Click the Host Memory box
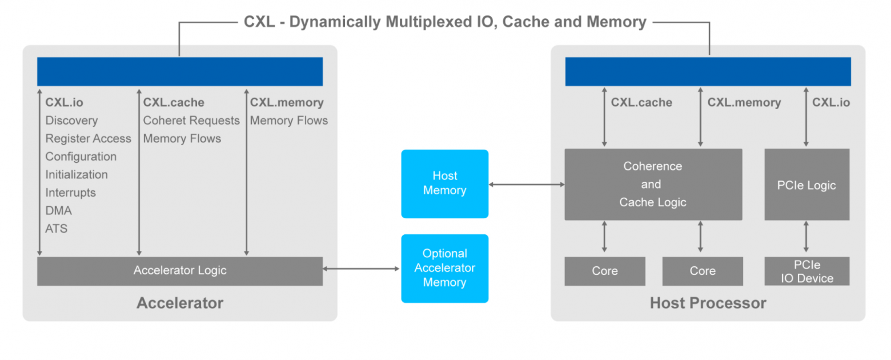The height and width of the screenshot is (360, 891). coord(444,183)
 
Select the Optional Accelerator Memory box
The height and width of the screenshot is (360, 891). coord(444,268)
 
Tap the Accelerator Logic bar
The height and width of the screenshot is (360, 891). coord(179,271)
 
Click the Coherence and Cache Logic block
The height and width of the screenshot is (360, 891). coord(653,185)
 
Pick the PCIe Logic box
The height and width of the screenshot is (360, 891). coord(806,185)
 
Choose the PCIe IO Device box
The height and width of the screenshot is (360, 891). coord(806,271)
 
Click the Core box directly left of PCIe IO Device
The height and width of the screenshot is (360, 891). coord(702,271)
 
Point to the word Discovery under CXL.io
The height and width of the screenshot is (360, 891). coord(71,121)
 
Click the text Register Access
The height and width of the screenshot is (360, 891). coord(88,139)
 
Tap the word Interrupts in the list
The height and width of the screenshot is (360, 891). coord(71,193)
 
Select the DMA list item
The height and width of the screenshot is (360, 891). coord(58,211)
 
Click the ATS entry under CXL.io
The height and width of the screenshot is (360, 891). coord(57,229)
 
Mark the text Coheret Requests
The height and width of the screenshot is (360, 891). coord(191,121)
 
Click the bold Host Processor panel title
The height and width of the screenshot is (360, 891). coord(708,303)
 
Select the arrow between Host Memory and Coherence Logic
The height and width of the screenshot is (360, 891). coord(526,185)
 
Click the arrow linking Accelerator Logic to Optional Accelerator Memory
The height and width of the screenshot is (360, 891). coord(362,269)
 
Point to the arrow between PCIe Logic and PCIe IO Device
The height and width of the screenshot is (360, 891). coord(806,238)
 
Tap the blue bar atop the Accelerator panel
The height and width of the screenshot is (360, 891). coord(179,71)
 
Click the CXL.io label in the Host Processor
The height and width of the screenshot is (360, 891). coord(830,103)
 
